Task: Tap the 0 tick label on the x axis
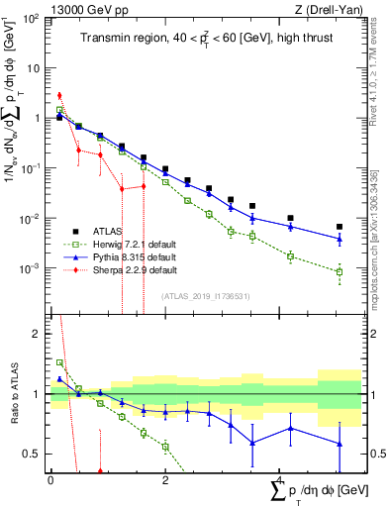(x=50, y=480)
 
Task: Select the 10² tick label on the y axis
(x=30, y=19)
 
